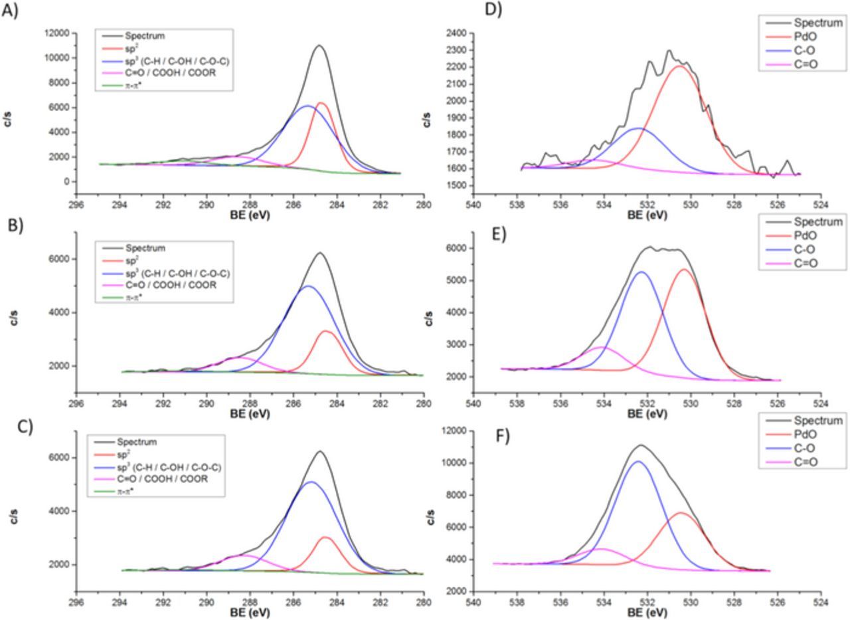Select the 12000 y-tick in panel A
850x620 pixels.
coord(57,33)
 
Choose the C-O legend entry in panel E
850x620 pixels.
coord(806,250)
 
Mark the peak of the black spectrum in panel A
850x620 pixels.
coord(319,45)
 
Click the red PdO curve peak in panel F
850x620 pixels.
coord(681,512)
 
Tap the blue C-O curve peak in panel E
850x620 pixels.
coord(641,272)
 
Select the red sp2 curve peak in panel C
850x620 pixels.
coord(325,537)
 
